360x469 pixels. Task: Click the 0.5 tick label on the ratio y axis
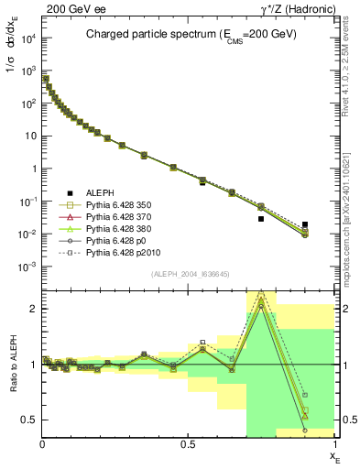point(28,420)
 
